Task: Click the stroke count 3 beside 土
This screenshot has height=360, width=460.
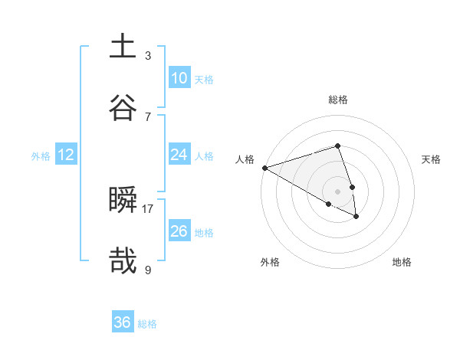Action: (x=148, y=55)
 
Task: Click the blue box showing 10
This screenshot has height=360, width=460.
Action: (x=179, y=78)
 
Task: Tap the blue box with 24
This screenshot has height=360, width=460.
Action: (x=179, y=155)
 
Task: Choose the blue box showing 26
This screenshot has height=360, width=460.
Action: (x=179, y=231)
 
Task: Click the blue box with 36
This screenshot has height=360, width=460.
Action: (x=123, y=322)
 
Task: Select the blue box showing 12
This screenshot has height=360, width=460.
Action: (x=66, y=155)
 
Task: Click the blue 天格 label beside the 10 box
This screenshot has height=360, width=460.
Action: (x=204, y=79)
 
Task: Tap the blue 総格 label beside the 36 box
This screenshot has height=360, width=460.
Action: (x=147, y=323)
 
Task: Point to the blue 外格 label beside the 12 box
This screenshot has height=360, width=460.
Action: (x=41, y=155)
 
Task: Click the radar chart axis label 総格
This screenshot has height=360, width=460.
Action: (x=337, y=100)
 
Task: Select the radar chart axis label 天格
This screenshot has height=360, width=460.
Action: (x=431, y=159)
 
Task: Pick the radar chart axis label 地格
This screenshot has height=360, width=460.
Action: (x=402, y=262)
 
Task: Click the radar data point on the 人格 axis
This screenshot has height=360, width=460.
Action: (x=264, y=168)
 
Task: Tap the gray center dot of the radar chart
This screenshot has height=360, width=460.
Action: (x=337, y=191)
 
